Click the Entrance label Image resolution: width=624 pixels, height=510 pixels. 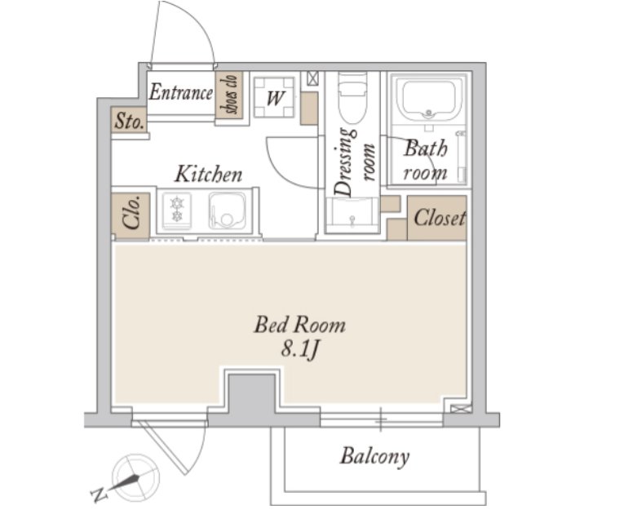point(181,93)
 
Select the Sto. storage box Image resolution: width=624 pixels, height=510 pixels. point(129,119)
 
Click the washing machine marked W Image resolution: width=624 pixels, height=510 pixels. point(274,98)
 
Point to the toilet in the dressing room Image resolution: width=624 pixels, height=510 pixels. point(352,98)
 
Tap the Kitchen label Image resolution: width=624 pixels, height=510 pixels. point(209,175)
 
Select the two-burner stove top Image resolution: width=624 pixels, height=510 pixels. point(176,211)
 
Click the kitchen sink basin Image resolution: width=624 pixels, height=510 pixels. point(228,211)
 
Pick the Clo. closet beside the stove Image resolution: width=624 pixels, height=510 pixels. point(131,216)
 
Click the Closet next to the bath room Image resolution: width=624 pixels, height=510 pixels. point(437,218)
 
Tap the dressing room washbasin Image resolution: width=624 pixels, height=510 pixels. point(352,215)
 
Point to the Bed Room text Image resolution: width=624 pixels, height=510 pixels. point(299,325)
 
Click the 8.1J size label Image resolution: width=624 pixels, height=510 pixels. point(300,349)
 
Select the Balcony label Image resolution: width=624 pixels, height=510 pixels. point(374,456)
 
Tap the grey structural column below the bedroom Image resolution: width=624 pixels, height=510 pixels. point(252,394)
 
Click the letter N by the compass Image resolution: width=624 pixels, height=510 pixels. point(99,495)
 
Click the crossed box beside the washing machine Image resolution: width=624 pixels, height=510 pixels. point(312,78)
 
